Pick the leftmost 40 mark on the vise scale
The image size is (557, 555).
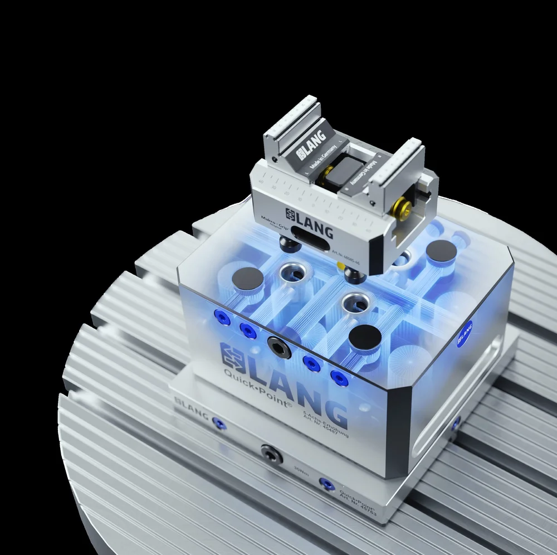(x=261, y=174)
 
